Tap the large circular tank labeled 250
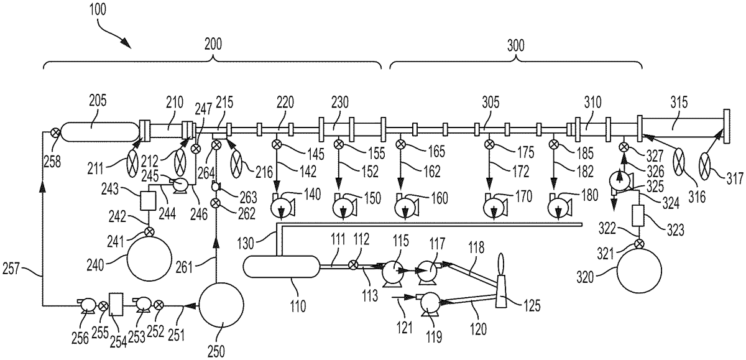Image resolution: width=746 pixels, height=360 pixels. [x=221, y=305]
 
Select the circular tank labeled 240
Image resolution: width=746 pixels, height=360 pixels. [x=149, y=258]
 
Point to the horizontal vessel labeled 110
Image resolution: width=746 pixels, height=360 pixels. [x=282, y=266]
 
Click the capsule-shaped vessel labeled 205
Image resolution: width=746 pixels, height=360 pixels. [x=100, y=132]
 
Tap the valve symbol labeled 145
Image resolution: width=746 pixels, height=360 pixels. [x=277, y=144]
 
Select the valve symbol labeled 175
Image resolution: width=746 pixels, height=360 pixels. [x=489, y=144]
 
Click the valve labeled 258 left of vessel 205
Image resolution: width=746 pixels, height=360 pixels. [x=55, y=132]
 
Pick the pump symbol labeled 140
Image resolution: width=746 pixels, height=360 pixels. [x=282, y=208]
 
